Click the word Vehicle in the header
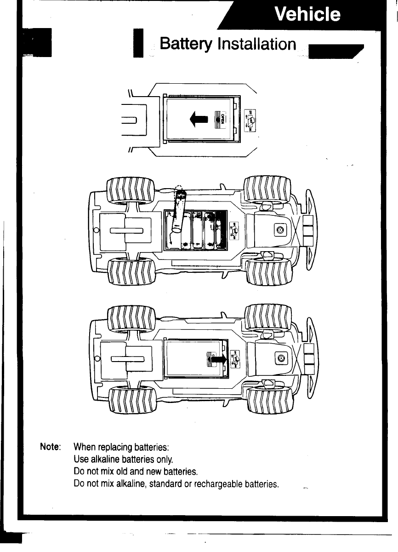307,15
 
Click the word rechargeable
219,484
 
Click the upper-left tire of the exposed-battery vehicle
131,192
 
